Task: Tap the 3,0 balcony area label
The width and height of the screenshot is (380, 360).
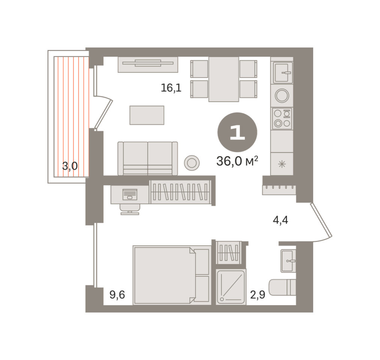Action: point(70,166)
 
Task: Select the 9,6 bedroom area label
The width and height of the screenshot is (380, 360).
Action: point(117,295)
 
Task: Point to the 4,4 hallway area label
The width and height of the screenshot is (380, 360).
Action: point(280,220)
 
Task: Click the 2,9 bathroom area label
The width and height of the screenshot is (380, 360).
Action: point(258,295)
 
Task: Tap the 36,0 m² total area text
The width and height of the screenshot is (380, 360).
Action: point(237,161)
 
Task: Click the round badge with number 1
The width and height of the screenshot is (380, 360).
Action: point(237,132)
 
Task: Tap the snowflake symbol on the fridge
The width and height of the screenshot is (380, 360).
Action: point(282,164)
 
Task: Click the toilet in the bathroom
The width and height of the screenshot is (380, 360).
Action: point(282,287)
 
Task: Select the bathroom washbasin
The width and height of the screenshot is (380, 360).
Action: point(288,261)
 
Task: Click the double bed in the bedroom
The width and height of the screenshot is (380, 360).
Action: point(172,275)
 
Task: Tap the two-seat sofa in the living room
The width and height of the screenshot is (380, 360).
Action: point(147,159)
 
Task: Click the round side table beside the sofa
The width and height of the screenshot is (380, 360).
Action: point(192,163)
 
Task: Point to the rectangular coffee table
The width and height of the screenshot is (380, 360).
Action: point(147,115)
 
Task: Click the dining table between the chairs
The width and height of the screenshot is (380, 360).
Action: point(224,79)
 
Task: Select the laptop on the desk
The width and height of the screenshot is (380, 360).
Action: point(130,195)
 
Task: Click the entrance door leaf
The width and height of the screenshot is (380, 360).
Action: point(321,220)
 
